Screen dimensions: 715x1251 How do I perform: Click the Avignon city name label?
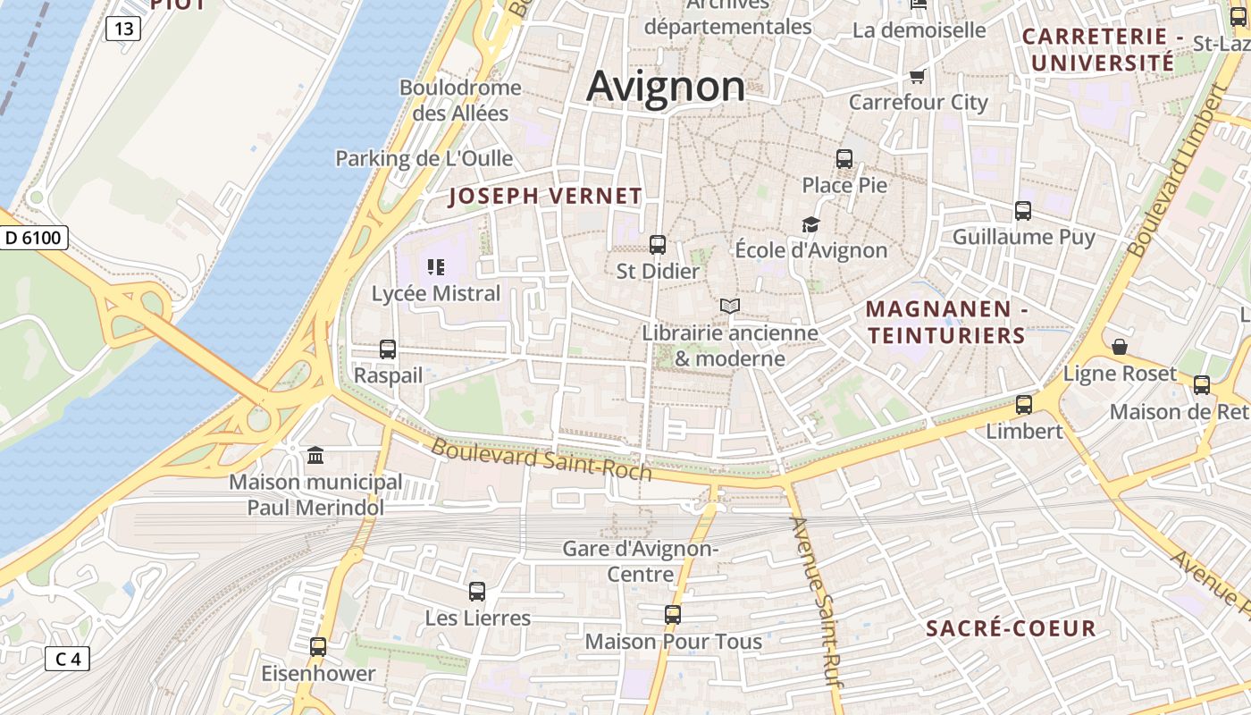[666, 87]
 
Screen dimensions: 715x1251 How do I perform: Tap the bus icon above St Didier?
[658, 244]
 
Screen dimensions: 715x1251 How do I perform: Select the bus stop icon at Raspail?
[388, 349]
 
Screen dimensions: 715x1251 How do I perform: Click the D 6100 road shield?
[33, 238]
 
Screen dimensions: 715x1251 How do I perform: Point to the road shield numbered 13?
[123, 29]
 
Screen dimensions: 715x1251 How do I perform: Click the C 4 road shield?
[67, 660]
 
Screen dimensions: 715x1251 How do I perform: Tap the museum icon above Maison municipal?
[315, 456]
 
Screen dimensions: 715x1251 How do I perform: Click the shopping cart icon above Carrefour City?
[917, 76]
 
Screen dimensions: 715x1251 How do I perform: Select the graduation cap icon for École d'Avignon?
[810, 224]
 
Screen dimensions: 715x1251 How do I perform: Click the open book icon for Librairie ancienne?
[730, 307]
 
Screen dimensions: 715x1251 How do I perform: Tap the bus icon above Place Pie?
[844, 159]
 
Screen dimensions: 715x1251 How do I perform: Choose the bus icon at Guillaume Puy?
[1023, 211]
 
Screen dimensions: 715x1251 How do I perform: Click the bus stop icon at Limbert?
[1024, 404]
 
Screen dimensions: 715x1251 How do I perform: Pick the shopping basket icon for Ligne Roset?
[1120, 347]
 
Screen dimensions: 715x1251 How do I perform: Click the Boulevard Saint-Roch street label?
[542, 458]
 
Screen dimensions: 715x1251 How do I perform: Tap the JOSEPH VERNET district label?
[545, 197]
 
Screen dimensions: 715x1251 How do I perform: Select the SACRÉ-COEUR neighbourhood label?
[1011, 628]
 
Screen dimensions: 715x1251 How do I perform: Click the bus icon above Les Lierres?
[477, 591]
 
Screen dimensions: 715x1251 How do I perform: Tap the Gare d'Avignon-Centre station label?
[640, 561]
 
